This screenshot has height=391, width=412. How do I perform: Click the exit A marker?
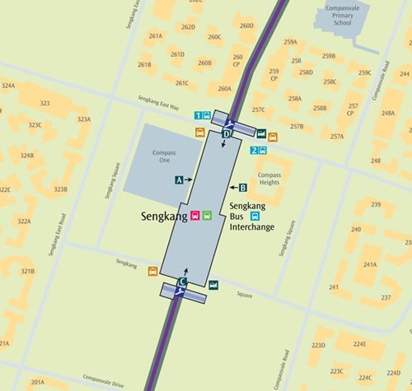(179, 179)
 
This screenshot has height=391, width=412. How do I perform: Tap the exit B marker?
(242, 187)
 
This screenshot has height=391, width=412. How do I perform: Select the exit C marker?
(182, 282)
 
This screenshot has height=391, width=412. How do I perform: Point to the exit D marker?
(227, 133)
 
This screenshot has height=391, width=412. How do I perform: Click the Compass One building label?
(163, 158)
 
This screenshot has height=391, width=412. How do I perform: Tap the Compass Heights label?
(269, 179)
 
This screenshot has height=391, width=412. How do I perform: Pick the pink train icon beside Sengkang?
(195, 216)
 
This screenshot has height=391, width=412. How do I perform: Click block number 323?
(44, 104)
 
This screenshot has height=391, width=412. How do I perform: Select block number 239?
(375, 204)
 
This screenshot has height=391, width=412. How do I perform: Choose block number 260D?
(246, 26)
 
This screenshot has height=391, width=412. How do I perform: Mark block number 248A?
(387, 114)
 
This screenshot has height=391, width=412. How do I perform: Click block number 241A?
(369, 265)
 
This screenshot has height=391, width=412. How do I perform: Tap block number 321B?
(28, 272)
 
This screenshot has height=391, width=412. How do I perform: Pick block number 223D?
(319, 346)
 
